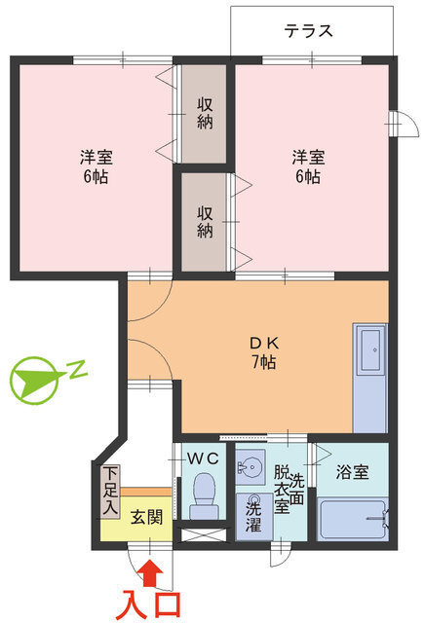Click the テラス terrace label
[x=309, y=30]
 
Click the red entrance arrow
[x=148, y=568]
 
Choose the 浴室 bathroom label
[x=352, y=473]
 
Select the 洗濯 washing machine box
[x=253, y=514]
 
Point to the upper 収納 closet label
[x=206, y=114]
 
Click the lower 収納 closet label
[x=206, y=221]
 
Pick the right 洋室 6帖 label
[x=306, y=165]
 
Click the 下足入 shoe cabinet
[x=110, y=491]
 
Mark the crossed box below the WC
[x=204, y=534]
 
